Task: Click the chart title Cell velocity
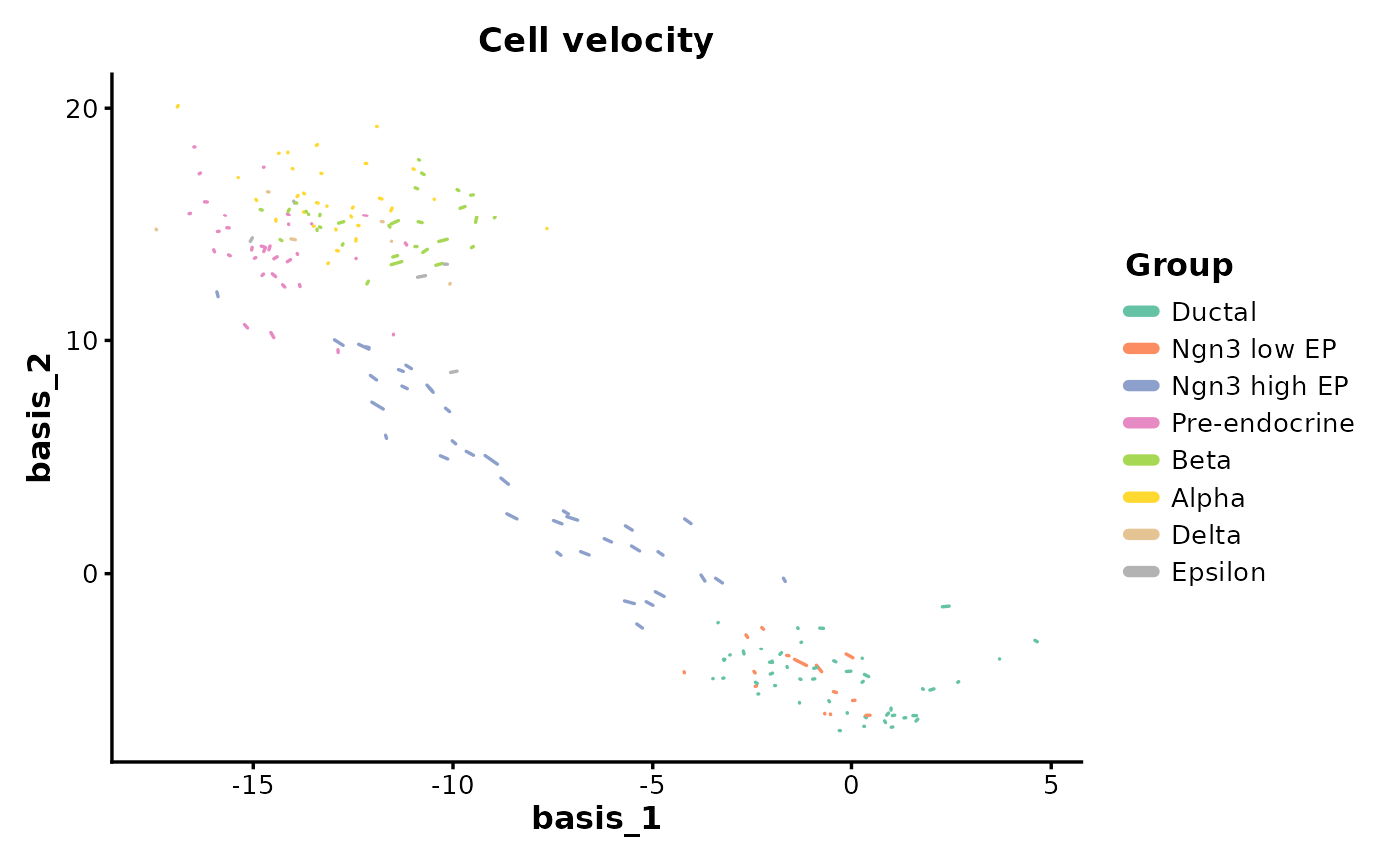pyautogui.click(x=596, y=41)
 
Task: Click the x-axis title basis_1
pyautogui.click(x=596, y=819)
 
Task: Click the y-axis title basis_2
pyautogui.click(x=39, y=417)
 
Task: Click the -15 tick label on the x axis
pyautogui.click(x=252, y=785)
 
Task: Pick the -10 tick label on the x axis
pyautogui.click(x=452, y=785)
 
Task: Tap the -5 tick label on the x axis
pyautogui.click(x=652, y=785)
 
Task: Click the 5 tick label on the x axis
pyautogui.click(x=1050, y=785)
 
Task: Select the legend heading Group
pyautogui.click(x=1178, y=266)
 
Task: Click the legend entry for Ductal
pyautogui.click(x=1214, y=312)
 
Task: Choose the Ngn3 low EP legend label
pyautogui.click(x=1253, y=349)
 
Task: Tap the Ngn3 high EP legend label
pyautogui.click(x=1259, y=386)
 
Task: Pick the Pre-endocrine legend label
pyautogui.click(x=1263, y=423)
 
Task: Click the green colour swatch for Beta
pyautogui.click(x=1141, y=460)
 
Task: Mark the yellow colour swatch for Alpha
pyautogui.click(x=1141, y=497)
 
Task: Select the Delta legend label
pyautogui.click(x=1206, y=535)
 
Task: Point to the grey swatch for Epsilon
pyautogui.click(x=1141, y=572)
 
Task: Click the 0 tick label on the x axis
pyautogui.click(x=850, y=785)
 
